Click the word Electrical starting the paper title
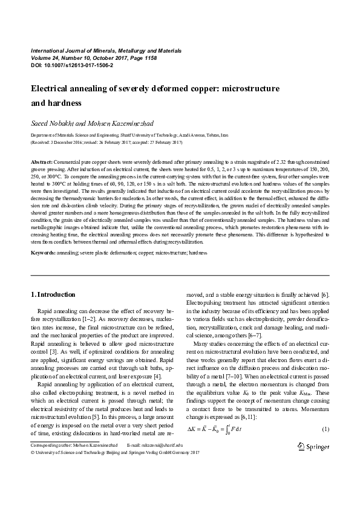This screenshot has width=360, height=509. tap(51, 89)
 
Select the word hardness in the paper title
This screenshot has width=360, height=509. tap(62, 103)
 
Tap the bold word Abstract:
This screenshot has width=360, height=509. tap(42, 163)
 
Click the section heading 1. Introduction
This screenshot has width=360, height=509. tap(53, 294)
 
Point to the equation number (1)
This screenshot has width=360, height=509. tap(324, 429)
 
